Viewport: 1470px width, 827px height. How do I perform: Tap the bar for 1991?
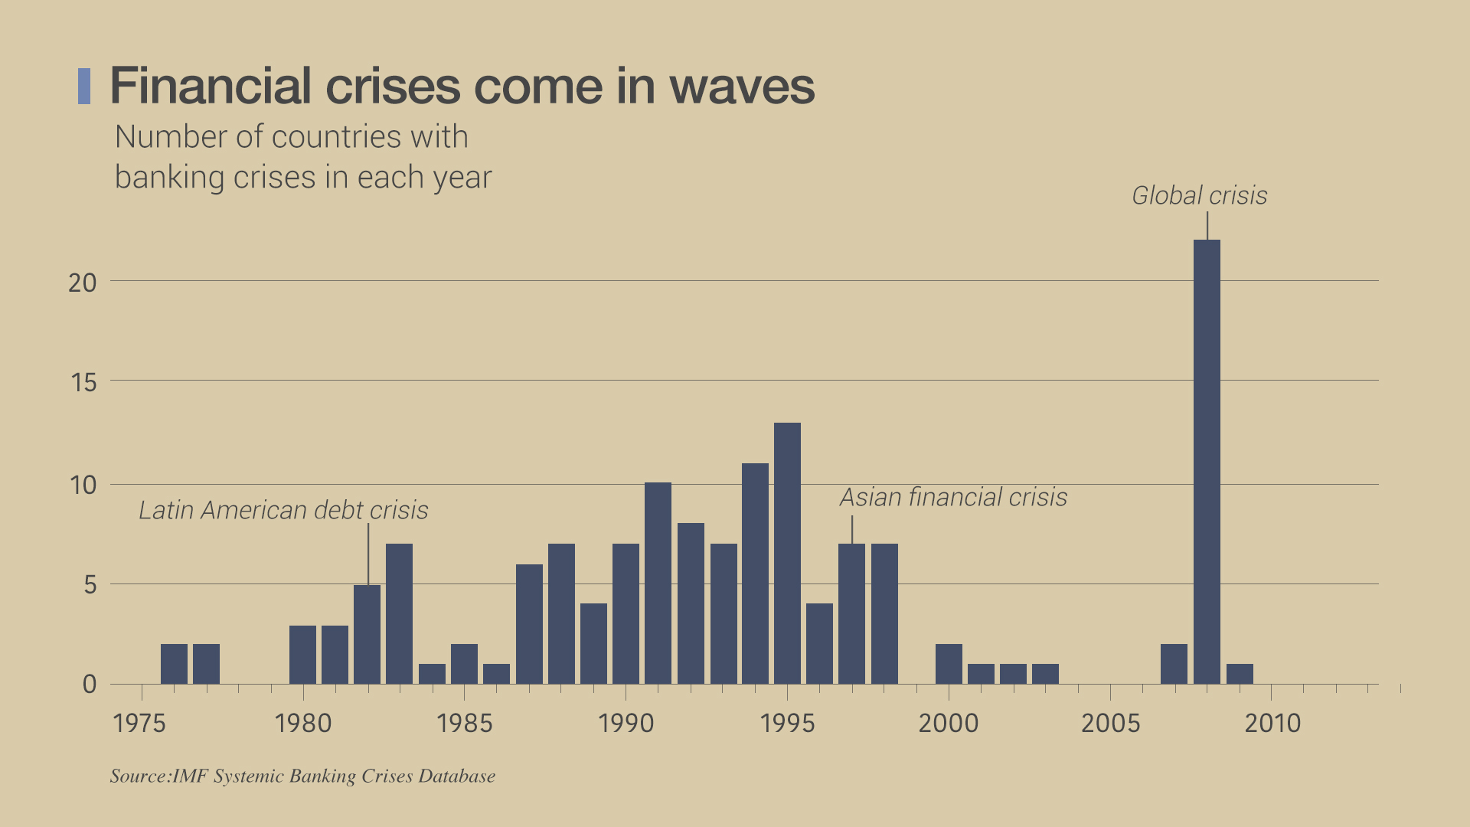[658, 583]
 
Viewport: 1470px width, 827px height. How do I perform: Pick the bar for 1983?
[399, 613]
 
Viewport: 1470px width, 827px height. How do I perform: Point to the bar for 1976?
[174, 664]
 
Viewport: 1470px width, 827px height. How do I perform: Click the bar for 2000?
[949, 664]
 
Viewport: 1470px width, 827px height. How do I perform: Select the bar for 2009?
[1240, 674]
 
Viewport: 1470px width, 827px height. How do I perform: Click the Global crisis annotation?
[1199, 196]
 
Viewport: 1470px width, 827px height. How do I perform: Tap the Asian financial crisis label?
[953, 498]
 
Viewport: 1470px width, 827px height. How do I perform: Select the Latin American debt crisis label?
[283, 511]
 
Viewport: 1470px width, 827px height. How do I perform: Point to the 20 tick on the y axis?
[83, 283]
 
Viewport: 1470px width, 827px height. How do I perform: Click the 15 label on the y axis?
[83, 382]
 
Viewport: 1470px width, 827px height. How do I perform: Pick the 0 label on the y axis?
[90, 685]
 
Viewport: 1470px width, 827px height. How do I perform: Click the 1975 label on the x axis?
[139, 724]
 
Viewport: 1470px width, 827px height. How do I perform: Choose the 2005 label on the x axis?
[1110, 724]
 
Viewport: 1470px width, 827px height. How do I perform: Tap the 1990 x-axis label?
[626, 724]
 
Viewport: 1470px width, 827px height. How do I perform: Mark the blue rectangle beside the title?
[84, 86]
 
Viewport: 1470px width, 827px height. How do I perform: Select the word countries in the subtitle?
[336, 138]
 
